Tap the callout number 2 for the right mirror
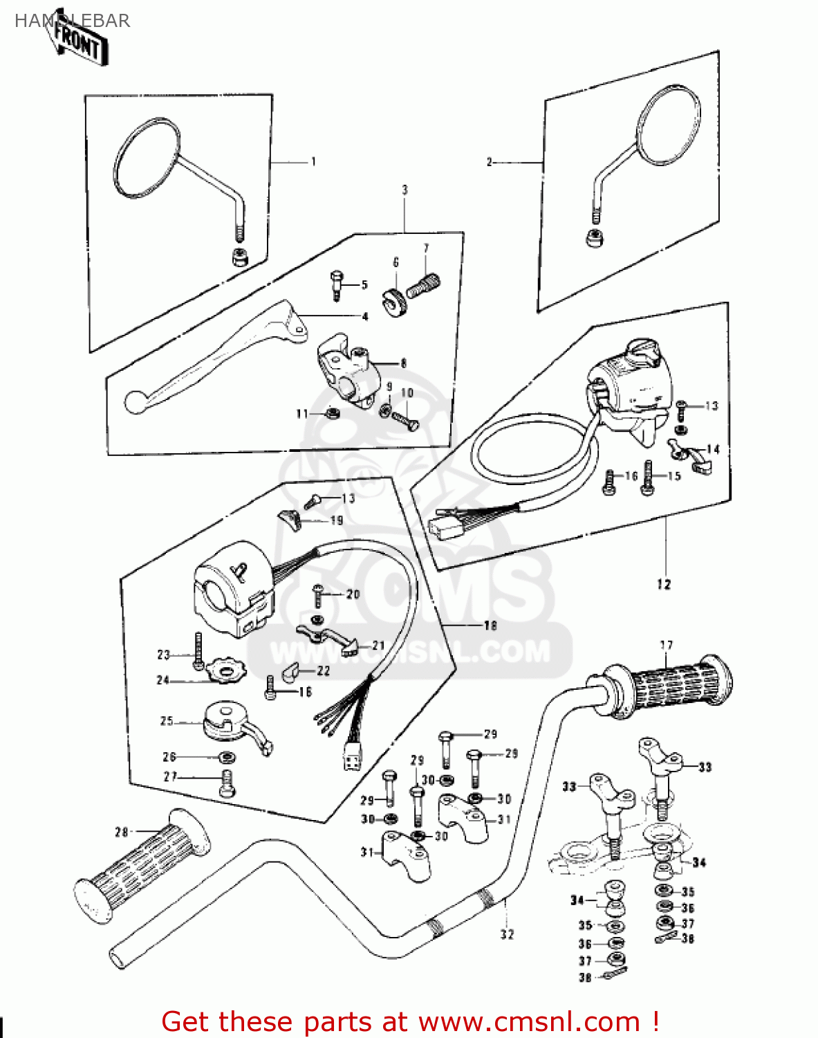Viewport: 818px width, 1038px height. click(490, 162)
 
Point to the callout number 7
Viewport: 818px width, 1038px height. click(426, 248)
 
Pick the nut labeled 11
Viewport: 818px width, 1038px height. click(332, 414)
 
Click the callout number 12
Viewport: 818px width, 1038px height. click(664, 585)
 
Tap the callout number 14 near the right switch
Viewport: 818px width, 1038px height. click(713, 450)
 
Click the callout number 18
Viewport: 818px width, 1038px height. click(490, 626)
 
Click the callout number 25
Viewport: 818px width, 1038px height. click(167, 721)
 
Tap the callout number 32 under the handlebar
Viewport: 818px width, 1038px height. click(508, 934)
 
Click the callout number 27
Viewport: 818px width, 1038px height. click(170, 777)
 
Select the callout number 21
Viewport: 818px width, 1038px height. click(378, 646)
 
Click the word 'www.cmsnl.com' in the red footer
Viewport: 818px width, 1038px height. click(529, 1021)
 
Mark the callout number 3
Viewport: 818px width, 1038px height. click(405, 190)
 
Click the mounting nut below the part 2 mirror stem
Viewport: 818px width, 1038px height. click(593, 237)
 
